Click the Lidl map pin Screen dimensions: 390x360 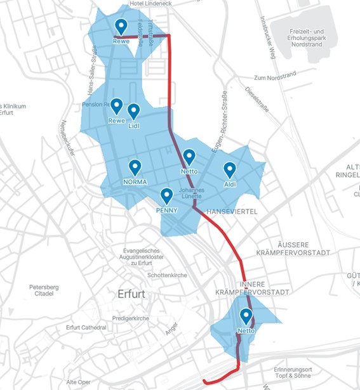(133, 112)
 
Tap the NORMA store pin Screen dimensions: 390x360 (135, 167)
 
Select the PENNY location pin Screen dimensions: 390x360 (166, 196)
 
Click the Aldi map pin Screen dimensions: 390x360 (230, 169)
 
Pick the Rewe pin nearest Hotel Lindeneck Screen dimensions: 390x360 (121, 27)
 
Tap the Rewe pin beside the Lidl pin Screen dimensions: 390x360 (116, 106)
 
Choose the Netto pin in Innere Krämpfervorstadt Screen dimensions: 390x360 (246, 316)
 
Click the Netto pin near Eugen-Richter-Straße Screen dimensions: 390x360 (189, 157)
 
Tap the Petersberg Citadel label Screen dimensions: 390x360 (44, 290)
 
